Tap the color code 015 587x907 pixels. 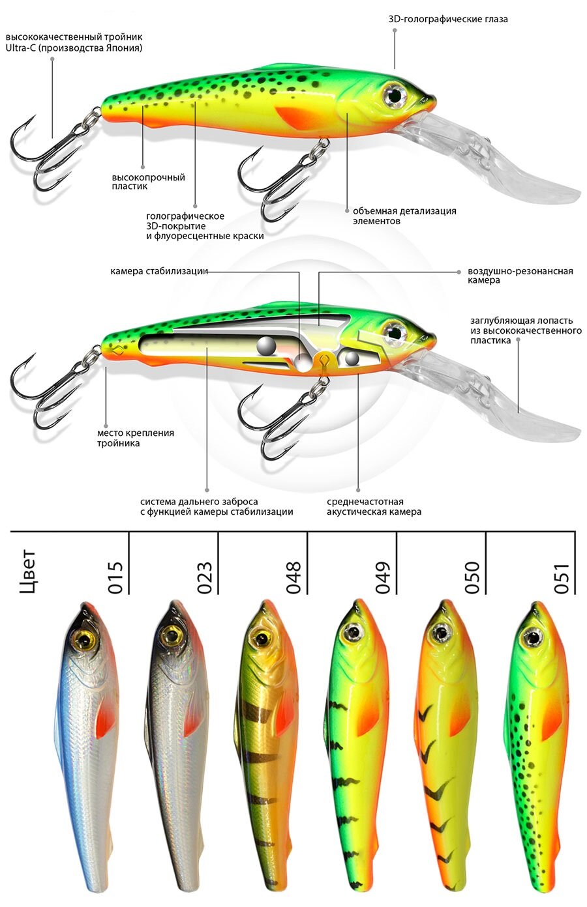tap(115, 577)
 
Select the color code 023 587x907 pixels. tap(205, 577)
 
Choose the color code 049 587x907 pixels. tap(383, 577)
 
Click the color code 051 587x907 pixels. tap(562, 577)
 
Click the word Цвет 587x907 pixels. tap(28, 573)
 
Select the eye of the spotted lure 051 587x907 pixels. tap(532, 637)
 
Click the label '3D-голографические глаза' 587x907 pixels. tap(447, 19)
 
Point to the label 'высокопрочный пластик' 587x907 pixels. tap(148, 181)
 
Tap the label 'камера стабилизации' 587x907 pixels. tap(158, 271)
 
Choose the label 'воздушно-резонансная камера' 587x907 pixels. tap(520, 275)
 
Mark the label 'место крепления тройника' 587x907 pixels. tap(135, 438)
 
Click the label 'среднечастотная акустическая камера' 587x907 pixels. tap(374, 506)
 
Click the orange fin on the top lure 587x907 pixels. tap(297, 117)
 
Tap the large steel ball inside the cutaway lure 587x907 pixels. tap(265, 346)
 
